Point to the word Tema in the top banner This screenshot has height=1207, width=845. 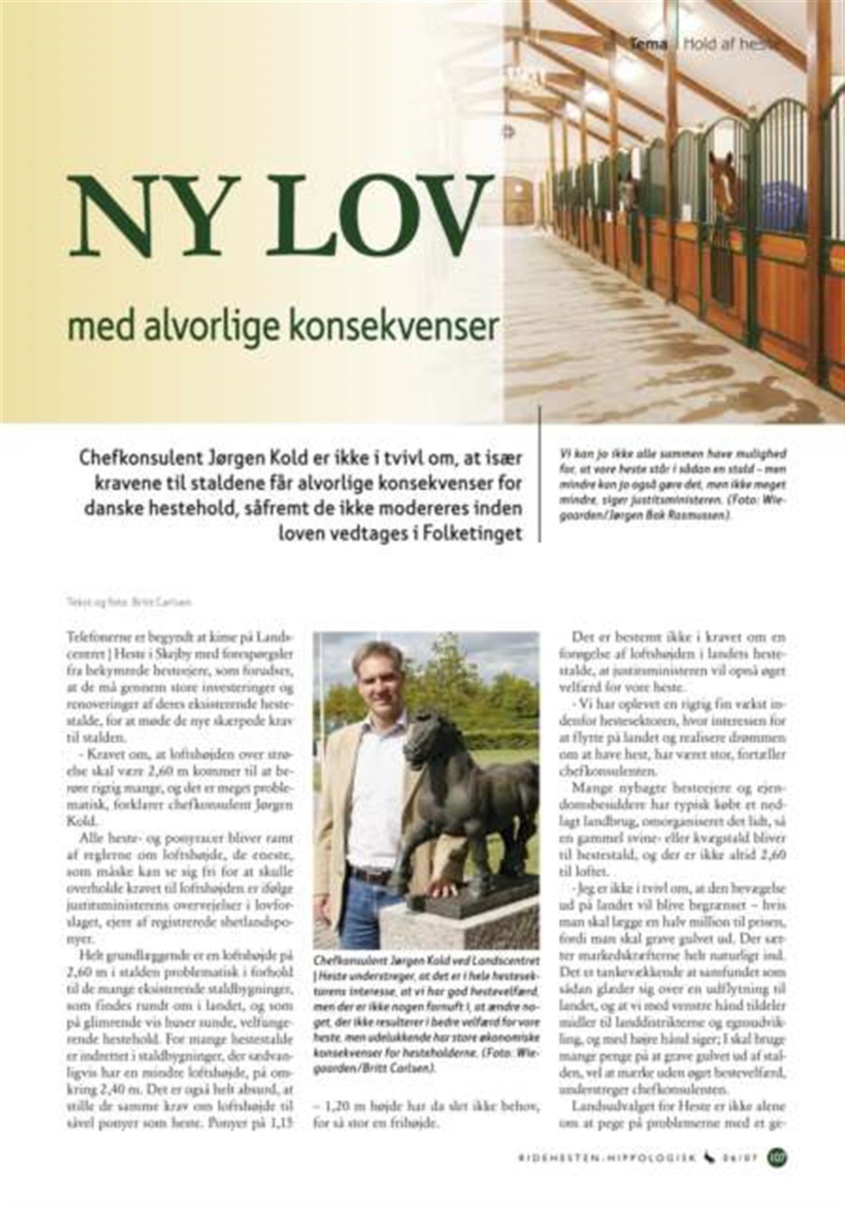649,44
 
